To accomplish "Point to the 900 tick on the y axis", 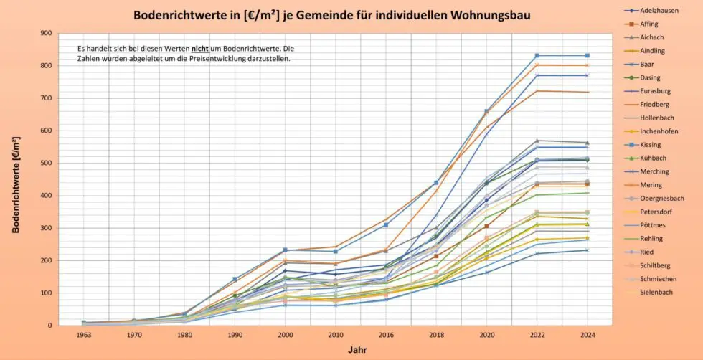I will [47, 33].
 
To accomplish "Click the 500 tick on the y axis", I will [47, 163].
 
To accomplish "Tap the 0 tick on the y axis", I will [49, 326].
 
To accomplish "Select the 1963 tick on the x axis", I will [84, 334].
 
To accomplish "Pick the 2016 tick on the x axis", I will [386, 334].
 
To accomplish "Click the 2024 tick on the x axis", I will [587, 334].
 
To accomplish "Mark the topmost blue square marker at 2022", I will [537, 55].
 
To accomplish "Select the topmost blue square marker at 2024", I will [587, 55].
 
